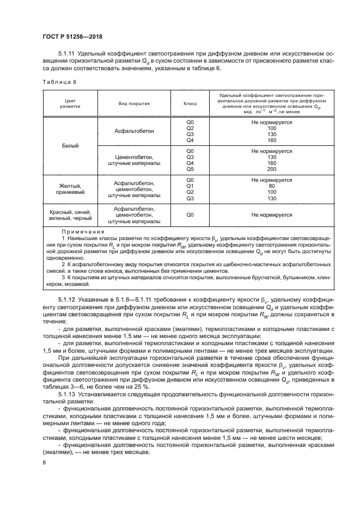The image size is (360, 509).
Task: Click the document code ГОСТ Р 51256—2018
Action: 72,36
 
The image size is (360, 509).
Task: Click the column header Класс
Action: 190,102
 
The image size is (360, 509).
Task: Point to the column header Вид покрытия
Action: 134,102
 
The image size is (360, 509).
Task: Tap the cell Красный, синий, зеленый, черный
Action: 69,215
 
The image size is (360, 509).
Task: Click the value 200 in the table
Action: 272,168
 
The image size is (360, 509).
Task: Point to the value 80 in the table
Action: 272,186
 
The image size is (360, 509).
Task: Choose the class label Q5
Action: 190,168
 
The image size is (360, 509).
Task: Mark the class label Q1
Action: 190,186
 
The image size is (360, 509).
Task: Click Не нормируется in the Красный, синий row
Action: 272,215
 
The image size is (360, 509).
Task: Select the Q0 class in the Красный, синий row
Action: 190,215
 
